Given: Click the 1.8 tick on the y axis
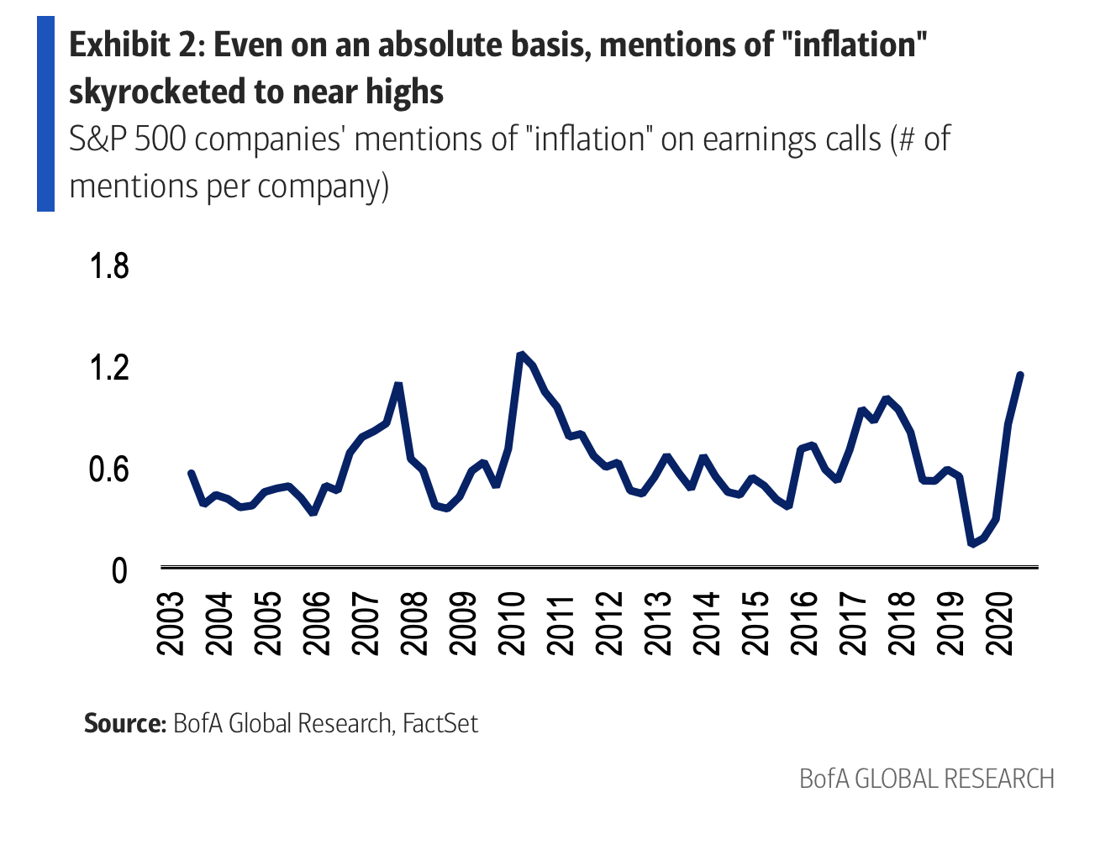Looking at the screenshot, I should [109, 265].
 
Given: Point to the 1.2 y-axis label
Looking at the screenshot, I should [109, 367].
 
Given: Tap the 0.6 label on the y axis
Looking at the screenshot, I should [109, 469].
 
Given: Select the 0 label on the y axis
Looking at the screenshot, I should [119, 570].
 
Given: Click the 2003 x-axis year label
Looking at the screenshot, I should [171, 623].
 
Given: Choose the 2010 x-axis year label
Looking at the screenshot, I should [512, 623].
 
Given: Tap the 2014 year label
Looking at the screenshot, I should [707, 623].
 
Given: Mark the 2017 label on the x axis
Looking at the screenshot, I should [853, 623].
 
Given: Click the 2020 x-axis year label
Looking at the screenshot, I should [999, 623].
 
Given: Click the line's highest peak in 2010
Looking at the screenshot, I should [521, 354].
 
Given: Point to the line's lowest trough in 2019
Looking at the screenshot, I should [972, 543].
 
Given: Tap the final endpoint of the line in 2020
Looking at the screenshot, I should [1020, 375].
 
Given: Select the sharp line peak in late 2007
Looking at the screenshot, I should [398, 385].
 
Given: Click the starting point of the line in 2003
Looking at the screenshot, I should [191, 473].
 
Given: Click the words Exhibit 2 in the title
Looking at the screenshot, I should [134, 45].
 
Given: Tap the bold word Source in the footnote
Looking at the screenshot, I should [124, 723].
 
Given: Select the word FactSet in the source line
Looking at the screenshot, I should [440, 723].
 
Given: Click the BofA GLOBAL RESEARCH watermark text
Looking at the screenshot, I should [926, 779].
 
